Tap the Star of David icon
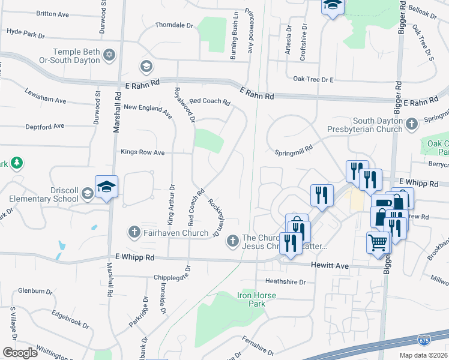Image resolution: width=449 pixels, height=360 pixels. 109,55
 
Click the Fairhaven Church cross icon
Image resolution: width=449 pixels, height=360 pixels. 133,232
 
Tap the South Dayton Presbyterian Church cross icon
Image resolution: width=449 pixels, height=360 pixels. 411,124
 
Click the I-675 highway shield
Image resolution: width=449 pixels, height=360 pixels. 424,341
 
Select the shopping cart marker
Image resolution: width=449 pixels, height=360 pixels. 378,243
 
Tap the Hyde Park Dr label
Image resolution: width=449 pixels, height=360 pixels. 25,33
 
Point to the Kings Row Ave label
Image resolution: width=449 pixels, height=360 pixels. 142,152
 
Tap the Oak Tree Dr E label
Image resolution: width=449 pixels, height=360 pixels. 313,79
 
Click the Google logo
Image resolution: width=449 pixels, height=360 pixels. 20,352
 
